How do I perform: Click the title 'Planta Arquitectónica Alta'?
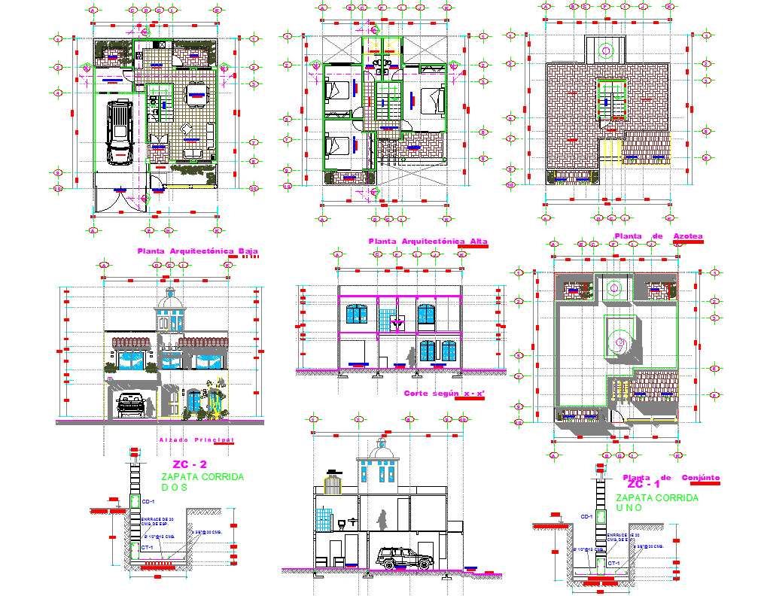[x=427, y=242]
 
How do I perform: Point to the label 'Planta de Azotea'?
[x=658, y=236]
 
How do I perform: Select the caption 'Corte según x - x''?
[x=443, y=394]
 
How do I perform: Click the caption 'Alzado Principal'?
[x=196, y=439]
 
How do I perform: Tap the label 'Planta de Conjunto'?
[x=671, y=477]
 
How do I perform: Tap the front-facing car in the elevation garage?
[x=132, y=405]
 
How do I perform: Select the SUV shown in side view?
[x=403, y=558]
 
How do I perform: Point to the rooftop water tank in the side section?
[x=332, y=482]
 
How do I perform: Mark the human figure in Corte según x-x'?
[x=411, y=357]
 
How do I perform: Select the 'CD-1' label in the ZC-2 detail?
[x=148, y=501]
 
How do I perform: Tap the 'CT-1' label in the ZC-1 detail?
[x=613, y=563]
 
